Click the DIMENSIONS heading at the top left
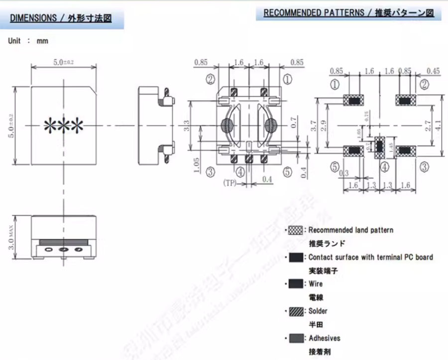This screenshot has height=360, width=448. tap(60, 18)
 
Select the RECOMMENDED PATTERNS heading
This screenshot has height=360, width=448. tap(348, 13)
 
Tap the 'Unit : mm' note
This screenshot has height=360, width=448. tap(28, 41)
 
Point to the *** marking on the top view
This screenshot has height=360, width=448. tap(64, 125)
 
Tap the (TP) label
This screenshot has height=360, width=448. tap(229, 182)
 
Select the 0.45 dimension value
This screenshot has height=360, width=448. tap(433, 72)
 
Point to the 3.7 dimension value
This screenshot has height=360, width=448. tap(313, 125)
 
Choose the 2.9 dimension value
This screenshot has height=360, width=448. tap(323, 125)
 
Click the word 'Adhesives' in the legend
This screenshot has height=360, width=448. tap(325, 338)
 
